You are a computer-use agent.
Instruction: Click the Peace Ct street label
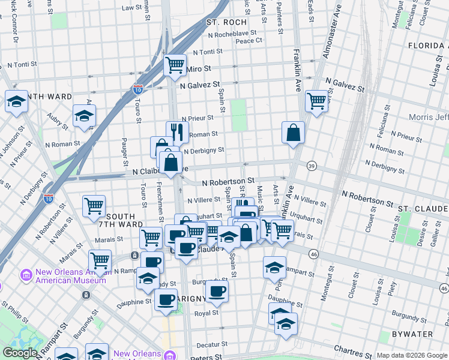249,41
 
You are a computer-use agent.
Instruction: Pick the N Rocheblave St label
229,34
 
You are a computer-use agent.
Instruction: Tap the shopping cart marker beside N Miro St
175,64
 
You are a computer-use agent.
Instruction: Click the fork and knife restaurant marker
177,132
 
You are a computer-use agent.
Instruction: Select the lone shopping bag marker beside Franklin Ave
293,133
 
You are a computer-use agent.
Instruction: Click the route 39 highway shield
312,166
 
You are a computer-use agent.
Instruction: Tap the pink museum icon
26,275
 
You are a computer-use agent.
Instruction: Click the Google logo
20,353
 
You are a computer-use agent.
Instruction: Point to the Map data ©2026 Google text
411,355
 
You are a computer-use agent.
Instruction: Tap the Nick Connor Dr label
14,27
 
